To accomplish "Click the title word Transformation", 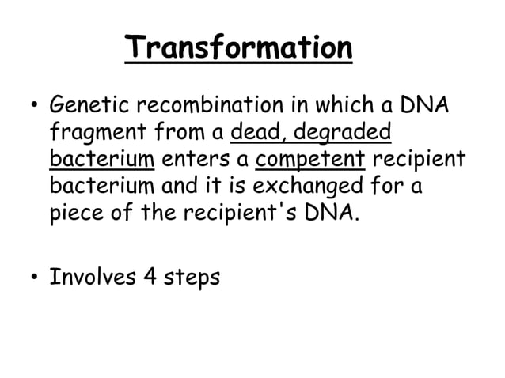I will [238, 48].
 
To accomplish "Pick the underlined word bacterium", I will [101, 158].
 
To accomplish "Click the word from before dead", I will [178, 131].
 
